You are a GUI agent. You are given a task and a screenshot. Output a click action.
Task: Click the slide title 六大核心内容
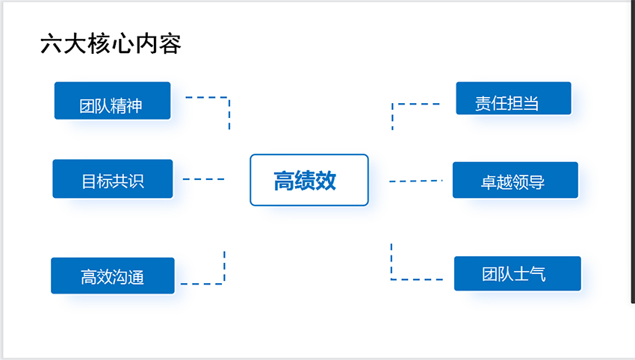click(x=111, y=44)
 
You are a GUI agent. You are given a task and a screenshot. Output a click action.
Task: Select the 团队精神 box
click(x=113, y=101)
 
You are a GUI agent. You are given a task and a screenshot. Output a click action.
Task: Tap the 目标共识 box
click(x=113, y=179)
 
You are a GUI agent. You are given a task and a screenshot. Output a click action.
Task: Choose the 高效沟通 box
click(x=113, y=276)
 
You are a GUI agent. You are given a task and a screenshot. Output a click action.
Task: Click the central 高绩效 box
click(x=309, y=180)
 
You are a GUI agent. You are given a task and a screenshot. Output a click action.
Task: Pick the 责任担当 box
click(x=513, y=99)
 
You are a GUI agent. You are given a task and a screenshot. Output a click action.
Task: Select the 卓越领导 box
click(x=515, y=180)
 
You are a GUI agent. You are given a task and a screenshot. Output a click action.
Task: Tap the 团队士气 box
click(x=518, y=273)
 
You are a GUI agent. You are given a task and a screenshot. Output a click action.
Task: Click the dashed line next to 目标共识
click(x=204, y=179)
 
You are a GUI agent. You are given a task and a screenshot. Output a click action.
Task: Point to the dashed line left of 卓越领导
click(x=416, y=181)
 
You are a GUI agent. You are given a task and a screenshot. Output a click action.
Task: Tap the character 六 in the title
click(x=51, y=44)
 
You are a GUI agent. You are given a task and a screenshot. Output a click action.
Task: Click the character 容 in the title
click(x=170, y=44)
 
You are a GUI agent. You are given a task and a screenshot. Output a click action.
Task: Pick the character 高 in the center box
click(x=284, y=181)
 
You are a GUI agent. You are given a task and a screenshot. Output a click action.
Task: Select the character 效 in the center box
click(x=326, y=181)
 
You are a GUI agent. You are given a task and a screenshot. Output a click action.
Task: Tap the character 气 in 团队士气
click(x=537, y=274)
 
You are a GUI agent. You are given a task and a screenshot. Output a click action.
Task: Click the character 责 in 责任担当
click(x=483, y=104)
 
